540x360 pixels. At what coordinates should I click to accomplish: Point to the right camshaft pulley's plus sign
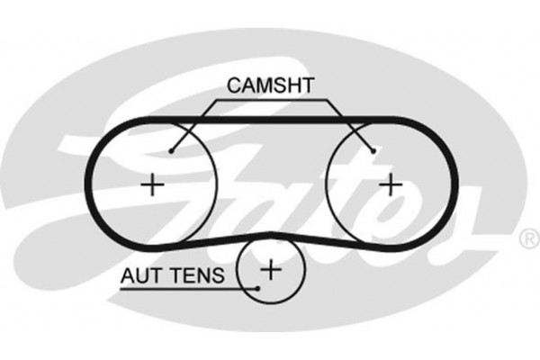pyautogui.click(x=389, y=184)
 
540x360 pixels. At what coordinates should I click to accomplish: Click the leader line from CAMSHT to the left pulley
pyautogui.click(x=191, y=125)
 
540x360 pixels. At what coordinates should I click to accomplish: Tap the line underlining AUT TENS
pyautogui.click(x=180, y=287)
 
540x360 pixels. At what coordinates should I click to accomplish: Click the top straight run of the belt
pyautogui.click(x=270, y=119)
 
